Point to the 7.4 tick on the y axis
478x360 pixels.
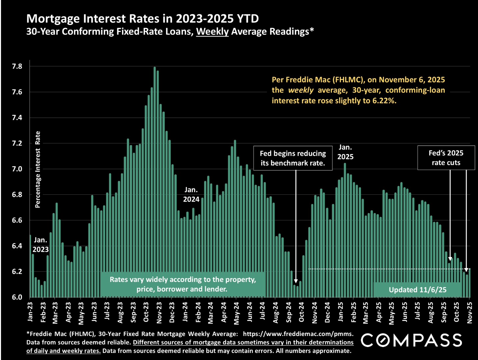click(x=17, y=118)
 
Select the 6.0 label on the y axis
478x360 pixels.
click(x=17, y=297)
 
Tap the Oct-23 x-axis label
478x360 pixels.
click(x=146, y=312)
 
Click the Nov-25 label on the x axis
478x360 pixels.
click(x=470, y=313)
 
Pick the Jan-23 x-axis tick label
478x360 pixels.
click(x=30, y=312)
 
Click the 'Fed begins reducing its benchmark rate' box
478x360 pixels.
click(x=293, y=158)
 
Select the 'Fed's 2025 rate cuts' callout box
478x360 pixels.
click(x=446, y=158)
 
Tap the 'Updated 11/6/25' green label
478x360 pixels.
click(x=417, y=290)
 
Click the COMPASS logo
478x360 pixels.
click(x=412, y=340)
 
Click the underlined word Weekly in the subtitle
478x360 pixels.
click(x=212, y=32)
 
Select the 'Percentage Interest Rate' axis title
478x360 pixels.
click(x=38, y=169)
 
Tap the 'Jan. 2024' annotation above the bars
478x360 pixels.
click(x=191, y=194)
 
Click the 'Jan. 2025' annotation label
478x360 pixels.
click(x=345, y=152)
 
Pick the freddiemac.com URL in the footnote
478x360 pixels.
click(x=298, y=334)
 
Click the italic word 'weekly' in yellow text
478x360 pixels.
click(x=301, y=90)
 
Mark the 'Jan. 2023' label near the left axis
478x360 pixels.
click(x=40, y=245)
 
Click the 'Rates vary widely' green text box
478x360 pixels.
click(x=183, y=284)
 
